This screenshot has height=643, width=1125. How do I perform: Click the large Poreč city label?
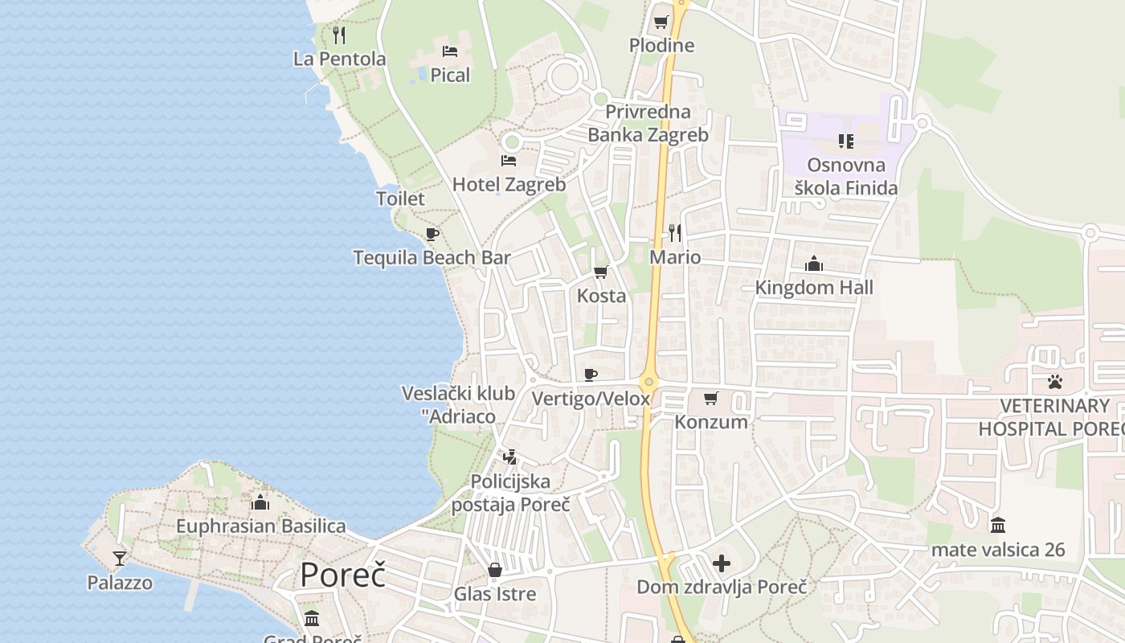342,575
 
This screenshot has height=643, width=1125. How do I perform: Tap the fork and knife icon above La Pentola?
339,35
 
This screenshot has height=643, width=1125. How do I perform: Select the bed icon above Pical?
450,51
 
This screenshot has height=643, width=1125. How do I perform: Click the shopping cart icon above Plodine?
661,22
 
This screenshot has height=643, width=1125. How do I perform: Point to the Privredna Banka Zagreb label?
648,123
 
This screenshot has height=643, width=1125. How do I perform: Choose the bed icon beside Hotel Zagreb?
509,160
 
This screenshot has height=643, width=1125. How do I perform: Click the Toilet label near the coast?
400,199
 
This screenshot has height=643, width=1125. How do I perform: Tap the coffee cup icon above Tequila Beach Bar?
432,234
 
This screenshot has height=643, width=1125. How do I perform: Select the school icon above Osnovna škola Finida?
845,141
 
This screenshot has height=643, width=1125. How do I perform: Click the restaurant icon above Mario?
675,233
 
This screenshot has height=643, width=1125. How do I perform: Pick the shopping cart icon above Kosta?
601,272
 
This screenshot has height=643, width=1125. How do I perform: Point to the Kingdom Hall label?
814,287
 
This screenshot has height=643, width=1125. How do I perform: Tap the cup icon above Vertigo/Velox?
591,375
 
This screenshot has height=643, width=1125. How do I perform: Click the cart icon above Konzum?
711,398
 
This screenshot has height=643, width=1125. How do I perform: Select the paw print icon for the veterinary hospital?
1055,381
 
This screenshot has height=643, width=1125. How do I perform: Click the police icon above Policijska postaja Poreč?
509,457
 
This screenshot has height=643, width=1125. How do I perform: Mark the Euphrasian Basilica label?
261,526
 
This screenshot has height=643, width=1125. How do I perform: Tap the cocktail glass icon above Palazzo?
120,558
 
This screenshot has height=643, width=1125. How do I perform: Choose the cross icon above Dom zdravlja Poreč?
722,563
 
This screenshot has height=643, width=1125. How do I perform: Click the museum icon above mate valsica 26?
998,526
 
